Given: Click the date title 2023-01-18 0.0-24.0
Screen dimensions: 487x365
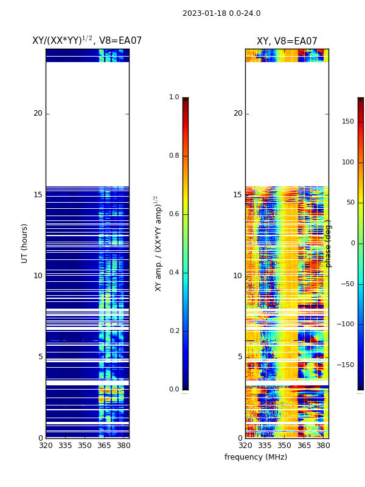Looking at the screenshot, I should pyautogui.click(x=221, y=13).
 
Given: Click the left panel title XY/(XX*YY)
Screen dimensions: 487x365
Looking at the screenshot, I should pyautogui.click(x=87, y=41).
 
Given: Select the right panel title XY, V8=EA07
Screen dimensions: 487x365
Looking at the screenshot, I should pyautogui.click(x=287, y=41).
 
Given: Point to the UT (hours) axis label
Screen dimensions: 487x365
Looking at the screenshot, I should pyautogui.click(x=25, y=243).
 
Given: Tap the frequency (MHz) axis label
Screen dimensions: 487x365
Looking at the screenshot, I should pyautogui.click(x=255, y=457).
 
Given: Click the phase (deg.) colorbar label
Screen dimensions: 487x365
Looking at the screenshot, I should pyautogui.click(x=328, y=243).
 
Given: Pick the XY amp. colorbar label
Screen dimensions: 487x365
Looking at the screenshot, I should pyautogui.click(x=158, y=243).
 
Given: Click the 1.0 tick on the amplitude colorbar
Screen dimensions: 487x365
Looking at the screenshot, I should pyautogui.click(x=174, y=97).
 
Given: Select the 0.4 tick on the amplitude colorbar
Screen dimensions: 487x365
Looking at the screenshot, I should pyautogui.click(x=174, y=273).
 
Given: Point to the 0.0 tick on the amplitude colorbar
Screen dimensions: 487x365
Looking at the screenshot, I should pyautogui.click(x=174, y=390).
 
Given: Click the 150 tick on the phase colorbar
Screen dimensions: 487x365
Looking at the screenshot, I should pyautogui.click(x=347, y=122).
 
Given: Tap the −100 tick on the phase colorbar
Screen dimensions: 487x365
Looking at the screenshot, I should pyautogui.click(x=345, y=324).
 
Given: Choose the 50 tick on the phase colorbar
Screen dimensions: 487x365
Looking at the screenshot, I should pyautogui.click(x=349, y=203).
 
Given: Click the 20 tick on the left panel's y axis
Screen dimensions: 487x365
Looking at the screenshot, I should pyautogui.click(x=38, y=113).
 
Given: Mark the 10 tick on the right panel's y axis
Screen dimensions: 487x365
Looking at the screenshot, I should pyautogui.click(x=237, y=276).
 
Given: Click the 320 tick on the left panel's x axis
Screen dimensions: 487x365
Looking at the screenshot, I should pyautogui.click(x=46, y=446).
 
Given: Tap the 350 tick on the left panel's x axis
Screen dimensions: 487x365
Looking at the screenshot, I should pyautogui.click(x=85, y=446).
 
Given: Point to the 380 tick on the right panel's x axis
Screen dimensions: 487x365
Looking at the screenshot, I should pyautogui.click(x=324, y=446).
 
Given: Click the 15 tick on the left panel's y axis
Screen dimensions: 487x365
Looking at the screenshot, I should pyautogui.click(x=38, y=195).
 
